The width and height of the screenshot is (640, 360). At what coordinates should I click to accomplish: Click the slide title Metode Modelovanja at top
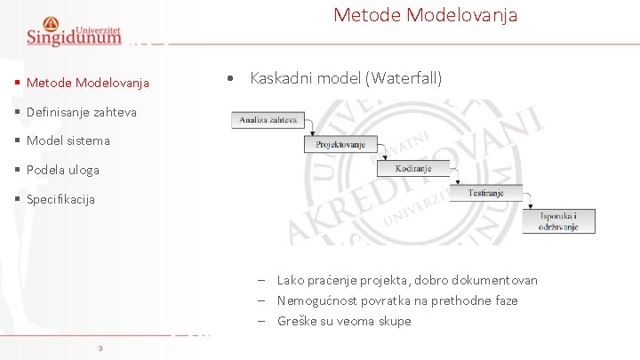click(x=425, y=15)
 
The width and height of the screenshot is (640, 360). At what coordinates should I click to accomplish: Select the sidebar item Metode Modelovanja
click(x=87, y=84)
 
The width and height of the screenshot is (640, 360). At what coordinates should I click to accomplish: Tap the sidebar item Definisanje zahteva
click(x=81, y=112)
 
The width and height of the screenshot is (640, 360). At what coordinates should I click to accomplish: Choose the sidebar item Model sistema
click(x=68, y=140)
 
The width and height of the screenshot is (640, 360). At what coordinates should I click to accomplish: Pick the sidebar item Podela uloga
click(x=63, y=170)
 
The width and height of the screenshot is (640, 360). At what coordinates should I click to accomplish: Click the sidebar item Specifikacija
click(x=60, y=199)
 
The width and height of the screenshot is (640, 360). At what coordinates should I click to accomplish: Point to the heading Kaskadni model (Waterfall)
click(x=346, y=78)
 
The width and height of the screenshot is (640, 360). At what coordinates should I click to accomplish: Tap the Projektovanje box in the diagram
click(x=340, y=144)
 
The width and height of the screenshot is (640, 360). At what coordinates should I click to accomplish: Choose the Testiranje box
click(x=486, y=193)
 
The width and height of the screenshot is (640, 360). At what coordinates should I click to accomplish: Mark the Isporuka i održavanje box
click(x=557, y=221)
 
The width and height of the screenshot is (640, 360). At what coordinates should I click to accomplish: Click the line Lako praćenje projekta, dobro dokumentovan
click(x=407, y=280)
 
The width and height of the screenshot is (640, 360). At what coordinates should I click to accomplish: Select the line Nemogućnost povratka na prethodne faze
click(x=397, y=300)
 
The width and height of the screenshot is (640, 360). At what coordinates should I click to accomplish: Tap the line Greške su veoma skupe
click(x=344, y=321)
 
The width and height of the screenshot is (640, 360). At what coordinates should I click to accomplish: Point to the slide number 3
click(x=100, y=348)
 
